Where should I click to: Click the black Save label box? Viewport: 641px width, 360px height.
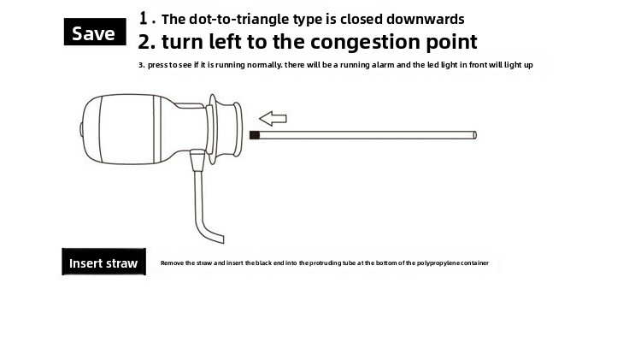95,32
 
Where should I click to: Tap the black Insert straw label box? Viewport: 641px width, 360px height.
103,262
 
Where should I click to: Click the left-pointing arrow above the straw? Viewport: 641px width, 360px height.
273,119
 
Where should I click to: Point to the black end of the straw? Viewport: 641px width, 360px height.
255,135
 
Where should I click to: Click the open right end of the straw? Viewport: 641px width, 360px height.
474,135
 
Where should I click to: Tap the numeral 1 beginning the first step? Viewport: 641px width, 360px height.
143,18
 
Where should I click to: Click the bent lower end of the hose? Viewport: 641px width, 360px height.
215,236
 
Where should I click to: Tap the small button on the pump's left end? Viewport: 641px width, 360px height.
82,129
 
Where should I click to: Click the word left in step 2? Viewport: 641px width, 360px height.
226,41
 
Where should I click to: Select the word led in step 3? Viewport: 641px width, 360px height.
433,65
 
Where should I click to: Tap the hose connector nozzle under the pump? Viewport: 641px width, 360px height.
197,160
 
